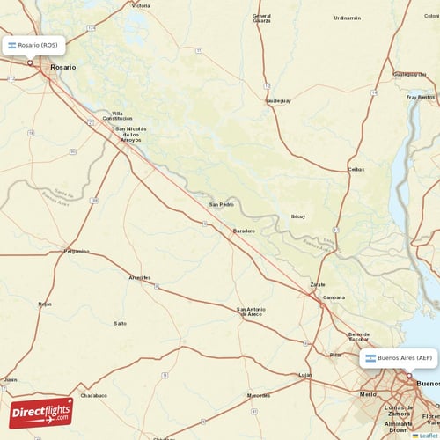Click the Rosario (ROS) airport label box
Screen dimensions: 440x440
tap(33, 45)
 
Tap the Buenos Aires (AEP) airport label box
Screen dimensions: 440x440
tap(399, 358)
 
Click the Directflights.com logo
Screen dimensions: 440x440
tap(40, 412)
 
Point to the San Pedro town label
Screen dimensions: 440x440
tap(221, 205)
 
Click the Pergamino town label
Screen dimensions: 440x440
tap(77, 251)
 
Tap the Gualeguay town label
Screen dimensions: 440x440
tap(278, 101)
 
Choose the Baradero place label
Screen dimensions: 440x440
tap(244, 231)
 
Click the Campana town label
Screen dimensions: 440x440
tap(334, 297)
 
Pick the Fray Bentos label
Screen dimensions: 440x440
tap(420, 97)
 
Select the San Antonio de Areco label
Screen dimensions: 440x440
tap(251, 311)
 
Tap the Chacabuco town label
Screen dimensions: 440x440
tap(93, 395)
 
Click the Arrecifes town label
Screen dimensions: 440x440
tap(140, 277)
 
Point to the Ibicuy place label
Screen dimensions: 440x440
tap(297, 216)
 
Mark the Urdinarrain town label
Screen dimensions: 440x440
tap(347, 18)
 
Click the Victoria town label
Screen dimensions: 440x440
tap(141, 5)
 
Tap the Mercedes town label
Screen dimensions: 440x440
tap(259, 395)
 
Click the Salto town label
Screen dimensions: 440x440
tap(120, 323)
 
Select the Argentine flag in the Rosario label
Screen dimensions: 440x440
tap(12, 45)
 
